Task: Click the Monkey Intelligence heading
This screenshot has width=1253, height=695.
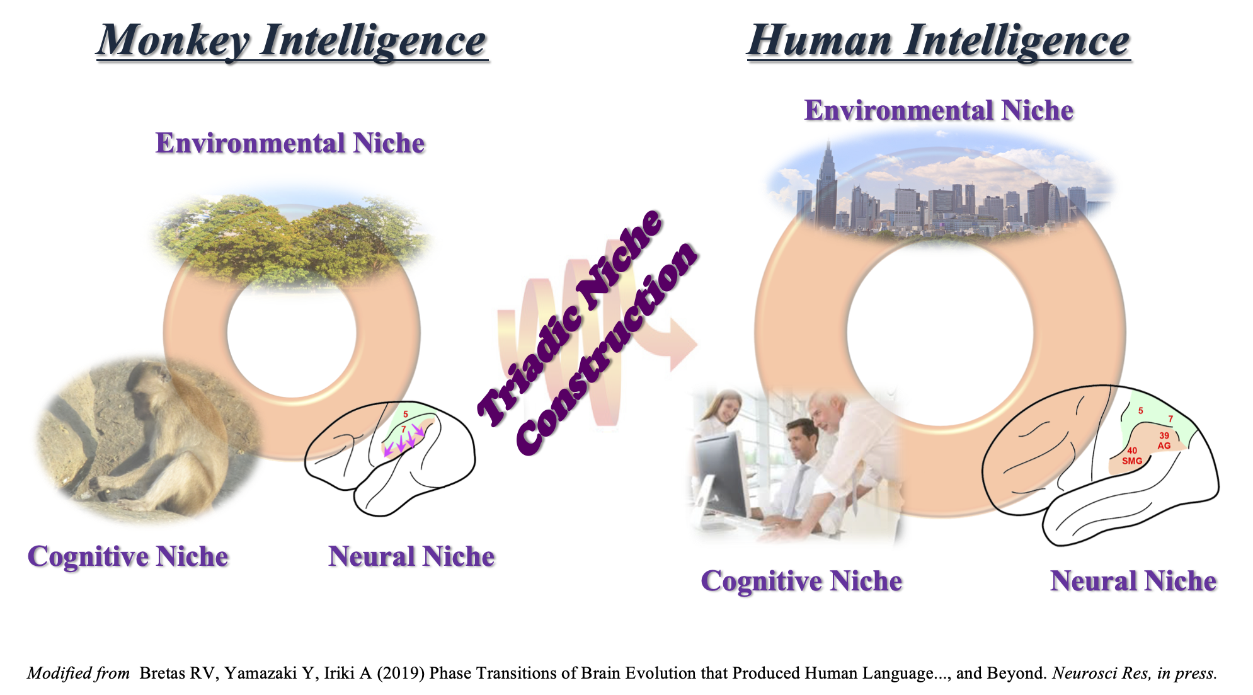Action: point(292,42)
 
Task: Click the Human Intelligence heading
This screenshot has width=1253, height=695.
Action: point(939,42)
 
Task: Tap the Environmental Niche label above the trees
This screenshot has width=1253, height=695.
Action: point(290,144)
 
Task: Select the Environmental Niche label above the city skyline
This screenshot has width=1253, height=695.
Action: point(939,111)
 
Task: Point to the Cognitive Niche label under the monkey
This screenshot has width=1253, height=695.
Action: point(128,557)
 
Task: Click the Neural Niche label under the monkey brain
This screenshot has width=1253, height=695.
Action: point(411,557)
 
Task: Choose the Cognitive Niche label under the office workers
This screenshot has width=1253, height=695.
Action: point(801,581)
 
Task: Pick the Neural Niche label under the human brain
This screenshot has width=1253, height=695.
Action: point(1133,581)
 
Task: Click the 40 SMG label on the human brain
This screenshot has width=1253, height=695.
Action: point(1132,456)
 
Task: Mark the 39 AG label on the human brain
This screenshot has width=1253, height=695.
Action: point(1164,441)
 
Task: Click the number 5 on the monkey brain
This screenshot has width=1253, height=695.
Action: point(406,415)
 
